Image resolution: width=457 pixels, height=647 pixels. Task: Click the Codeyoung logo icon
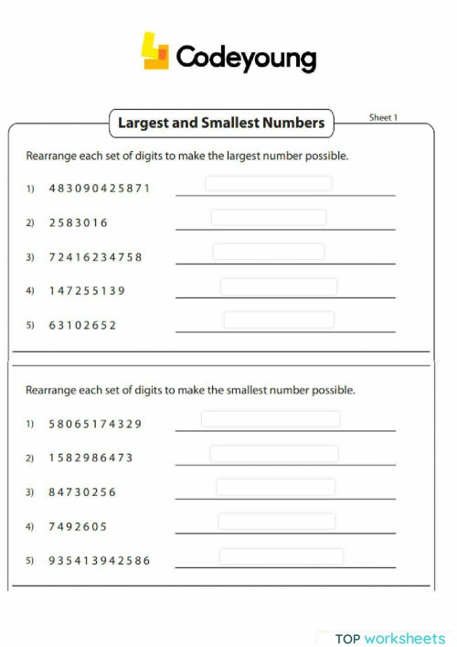[155, 52]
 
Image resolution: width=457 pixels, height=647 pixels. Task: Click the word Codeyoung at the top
[245, 59]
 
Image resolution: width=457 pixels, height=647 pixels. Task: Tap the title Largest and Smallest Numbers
[221, 122]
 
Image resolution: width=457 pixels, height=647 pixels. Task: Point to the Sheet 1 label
[382, 118]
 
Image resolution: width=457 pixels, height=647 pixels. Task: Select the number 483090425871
[100, 189]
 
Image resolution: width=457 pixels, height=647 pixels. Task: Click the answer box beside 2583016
[269, 218]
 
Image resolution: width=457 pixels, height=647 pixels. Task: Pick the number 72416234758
[96, 257]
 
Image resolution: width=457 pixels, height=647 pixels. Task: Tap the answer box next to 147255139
[278, 286]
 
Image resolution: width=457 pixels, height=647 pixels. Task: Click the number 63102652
[83, 325]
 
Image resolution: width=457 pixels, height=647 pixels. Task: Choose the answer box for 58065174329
[271, 419]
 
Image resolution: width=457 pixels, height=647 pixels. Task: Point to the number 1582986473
[91, 458]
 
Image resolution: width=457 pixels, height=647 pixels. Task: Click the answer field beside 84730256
[276, 487]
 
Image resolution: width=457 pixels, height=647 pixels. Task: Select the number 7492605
[79, 526]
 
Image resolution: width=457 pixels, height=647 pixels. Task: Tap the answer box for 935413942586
[282, 556]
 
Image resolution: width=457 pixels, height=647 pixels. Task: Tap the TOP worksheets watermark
[389, 638]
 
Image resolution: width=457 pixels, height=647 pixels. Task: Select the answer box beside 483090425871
[269, 184]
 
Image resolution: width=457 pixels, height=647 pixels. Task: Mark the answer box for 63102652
[279, 320]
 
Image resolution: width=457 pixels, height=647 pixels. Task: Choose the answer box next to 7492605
[277, 522]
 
